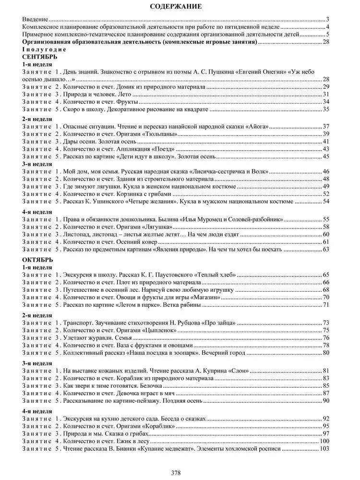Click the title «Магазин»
[192, 297]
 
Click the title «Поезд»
[165, 149]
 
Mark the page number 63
[325, 249]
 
